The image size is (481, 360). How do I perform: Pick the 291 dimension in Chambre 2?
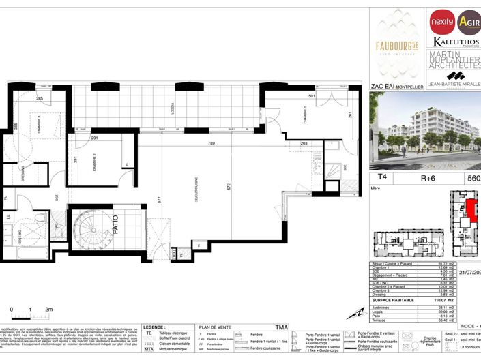tap(96, 139)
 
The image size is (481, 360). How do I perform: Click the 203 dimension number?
tap(304, 144)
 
